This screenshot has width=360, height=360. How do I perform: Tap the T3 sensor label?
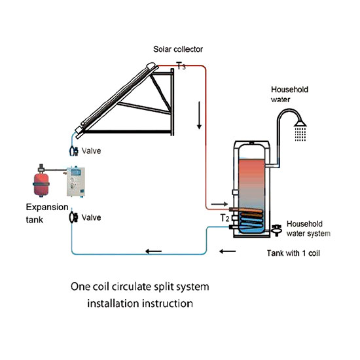[181, 66]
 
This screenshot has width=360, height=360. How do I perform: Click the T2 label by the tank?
[225, 218]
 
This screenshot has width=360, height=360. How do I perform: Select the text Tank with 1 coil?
[291, 251]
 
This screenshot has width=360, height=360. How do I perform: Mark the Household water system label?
[308, 228]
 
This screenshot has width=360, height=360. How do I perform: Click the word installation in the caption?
[118, 304]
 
